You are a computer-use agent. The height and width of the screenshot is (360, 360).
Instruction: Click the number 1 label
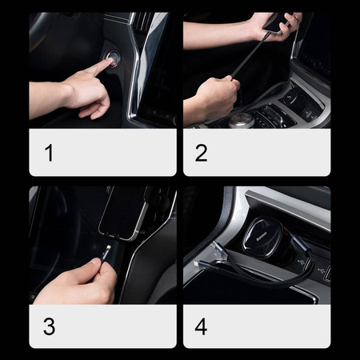pyautogui.click(x=49, y=152)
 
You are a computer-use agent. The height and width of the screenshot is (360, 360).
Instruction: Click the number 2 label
pyautogui.click(x=202, y=152)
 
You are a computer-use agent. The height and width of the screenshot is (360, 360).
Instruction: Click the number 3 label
pyautogui.click(x=49, y=326)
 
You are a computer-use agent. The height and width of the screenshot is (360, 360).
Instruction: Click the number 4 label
pyautogui.click(x=202, y=326)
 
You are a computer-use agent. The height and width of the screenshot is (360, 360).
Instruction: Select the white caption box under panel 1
pyautogui.click(x=102, y=152)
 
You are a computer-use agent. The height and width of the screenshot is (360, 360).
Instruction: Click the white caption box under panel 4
pyautogui.click(x=256, y=326)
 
